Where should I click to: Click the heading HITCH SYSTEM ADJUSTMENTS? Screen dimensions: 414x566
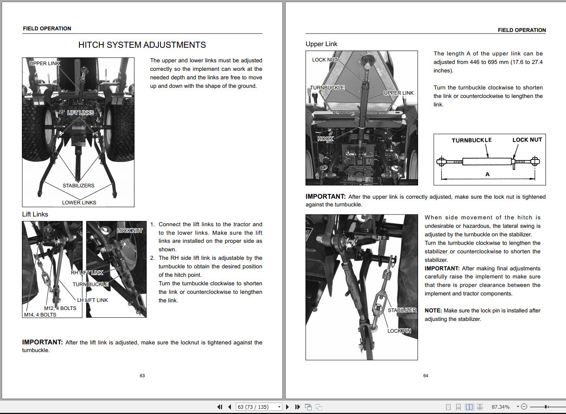click(142, 45)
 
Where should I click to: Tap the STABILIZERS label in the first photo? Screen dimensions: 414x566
click(78, 186)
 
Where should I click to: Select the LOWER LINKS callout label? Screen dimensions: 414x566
click(79, 203)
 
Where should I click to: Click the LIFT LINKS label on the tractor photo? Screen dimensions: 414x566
click(80, 113)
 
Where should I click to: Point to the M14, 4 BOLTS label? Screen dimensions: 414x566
click(40, 315)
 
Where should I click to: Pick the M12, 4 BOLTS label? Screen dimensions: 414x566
click(60, 308)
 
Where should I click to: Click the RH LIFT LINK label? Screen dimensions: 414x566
click(87, 273)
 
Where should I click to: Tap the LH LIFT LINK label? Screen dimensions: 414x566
click(92, 300)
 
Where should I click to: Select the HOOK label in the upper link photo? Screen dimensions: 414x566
click(325, 139)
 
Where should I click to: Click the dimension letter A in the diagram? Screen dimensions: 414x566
click(487, 174)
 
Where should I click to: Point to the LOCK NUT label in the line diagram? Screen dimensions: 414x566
click(527, 140)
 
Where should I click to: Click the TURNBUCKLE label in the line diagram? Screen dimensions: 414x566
click(472, 140)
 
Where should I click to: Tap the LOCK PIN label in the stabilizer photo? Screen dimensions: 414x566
click(399, 331)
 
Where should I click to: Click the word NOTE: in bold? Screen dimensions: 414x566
click(433, 311)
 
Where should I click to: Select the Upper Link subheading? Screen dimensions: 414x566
click(321, 44)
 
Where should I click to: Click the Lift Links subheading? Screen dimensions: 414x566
click(35, 214)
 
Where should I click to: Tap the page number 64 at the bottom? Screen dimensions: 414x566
click(425, 376)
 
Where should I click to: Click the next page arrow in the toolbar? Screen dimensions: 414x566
click(287, 407)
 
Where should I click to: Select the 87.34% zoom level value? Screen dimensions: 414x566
click(501, 407)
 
